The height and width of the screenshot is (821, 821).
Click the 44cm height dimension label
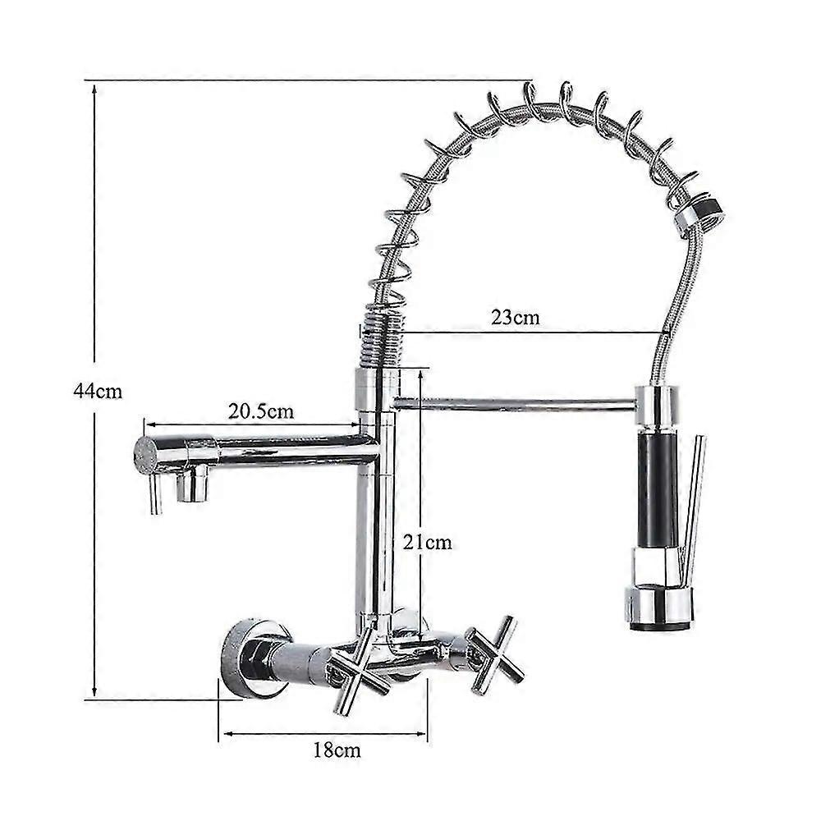[98, 392]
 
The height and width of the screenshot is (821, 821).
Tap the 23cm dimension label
[516, 318]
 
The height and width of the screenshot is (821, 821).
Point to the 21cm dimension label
[426, 543]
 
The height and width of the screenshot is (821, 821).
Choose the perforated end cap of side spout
[145, 455]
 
